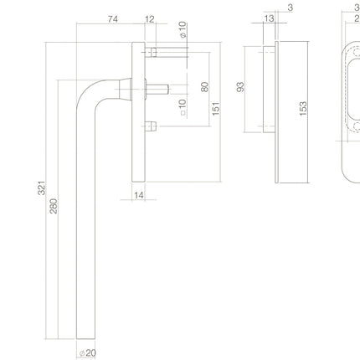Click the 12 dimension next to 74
[x=150, y=18]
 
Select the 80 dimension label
[x=203, y=87]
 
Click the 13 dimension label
[x=269, y=18]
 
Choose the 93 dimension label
[x=239, y=87]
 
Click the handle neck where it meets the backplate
[x=126, y=87]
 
